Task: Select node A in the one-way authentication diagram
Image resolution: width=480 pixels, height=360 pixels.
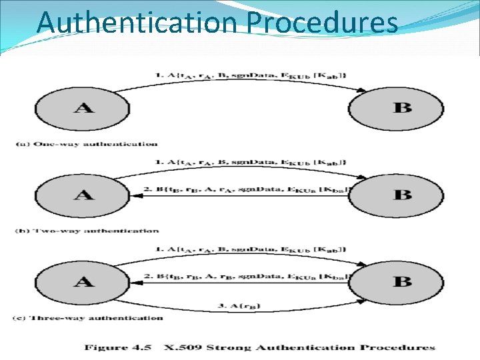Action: (x=83, y=107)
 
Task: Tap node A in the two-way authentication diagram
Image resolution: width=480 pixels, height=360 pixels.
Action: (x=83, y=195)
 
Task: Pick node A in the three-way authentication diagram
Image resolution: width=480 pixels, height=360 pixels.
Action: (x=83, y=281)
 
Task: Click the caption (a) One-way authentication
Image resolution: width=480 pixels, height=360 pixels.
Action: (x=87, y=143)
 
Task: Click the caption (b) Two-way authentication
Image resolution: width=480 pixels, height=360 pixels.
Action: (x=87, y=231)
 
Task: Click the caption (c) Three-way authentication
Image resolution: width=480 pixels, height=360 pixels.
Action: (x=89, y=317)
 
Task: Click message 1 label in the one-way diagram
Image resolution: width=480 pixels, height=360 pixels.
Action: (x=251, y=75)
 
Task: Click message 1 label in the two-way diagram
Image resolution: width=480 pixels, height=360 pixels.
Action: (x=251, y=162)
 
